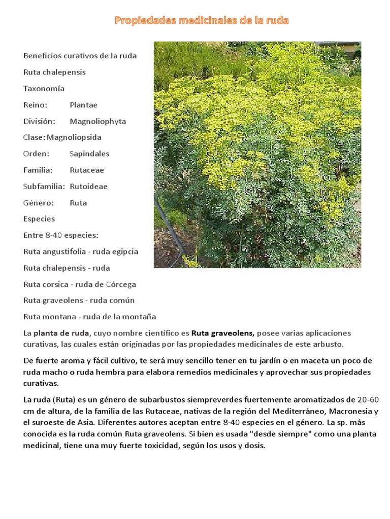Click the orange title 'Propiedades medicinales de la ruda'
click(x=202, y=21)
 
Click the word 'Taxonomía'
click(x=44, y=89)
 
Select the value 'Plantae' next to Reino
click(x=83, y=105)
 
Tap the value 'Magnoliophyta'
click(x=98, y=122)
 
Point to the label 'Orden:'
click(x=36, y=154)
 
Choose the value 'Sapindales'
click(x=89, y=154)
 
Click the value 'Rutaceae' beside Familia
click(x=87, y=170)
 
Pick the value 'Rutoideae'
click(x=88, y=187)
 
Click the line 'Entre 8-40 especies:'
click(x=60, y=236)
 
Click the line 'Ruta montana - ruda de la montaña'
click(x=89, y=317)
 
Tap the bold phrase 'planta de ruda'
click(x=61, y=333)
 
